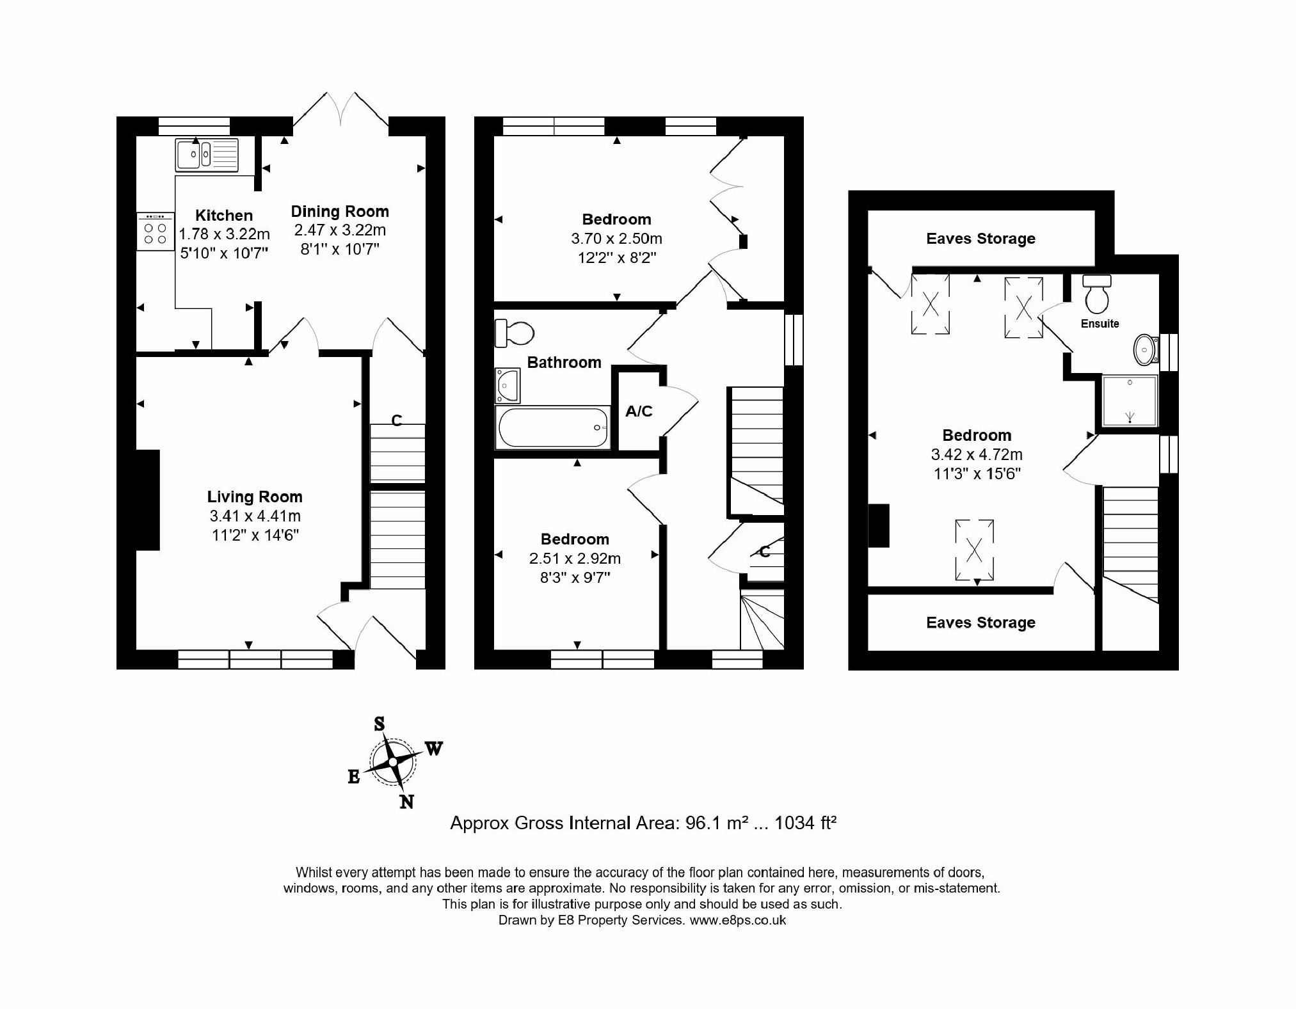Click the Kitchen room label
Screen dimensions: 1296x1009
(x=224, y=216)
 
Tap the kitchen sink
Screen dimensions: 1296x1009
(x=206, y=154)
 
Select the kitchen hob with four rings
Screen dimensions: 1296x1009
(x=155, y=232)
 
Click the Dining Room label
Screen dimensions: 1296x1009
(x=340, y=212)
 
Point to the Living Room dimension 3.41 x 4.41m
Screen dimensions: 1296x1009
(x=255, y=516)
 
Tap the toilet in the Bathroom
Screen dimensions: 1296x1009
(x=515, y=333)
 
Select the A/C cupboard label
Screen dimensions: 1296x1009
(x=639, y=411)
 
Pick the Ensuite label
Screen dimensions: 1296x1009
(x=1100, y=324)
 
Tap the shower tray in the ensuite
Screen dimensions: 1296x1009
(x=1130, y=401)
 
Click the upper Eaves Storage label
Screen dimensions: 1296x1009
(x=980, y=239)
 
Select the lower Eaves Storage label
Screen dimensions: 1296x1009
(x=980, y=623)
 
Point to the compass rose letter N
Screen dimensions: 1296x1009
(x=406, y=802)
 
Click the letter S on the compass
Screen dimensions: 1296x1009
(x=379, y=724)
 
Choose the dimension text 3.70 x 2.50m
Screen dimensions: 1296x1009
(x=616, y=239)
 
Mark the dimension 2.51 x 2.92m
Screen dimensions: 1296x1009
(x=575, y=559)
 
